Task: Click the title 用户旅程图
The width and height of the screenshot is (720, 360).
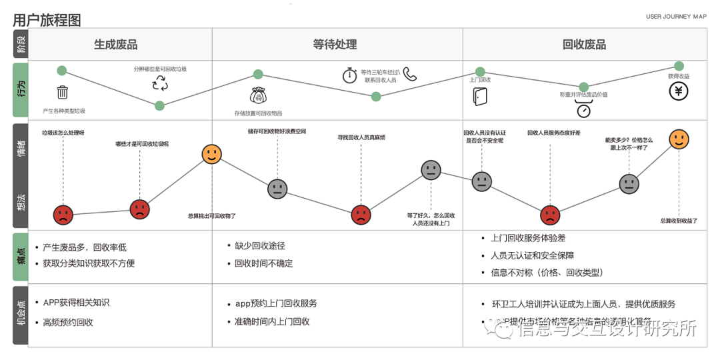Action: pyautogui.click(x=47, y=20)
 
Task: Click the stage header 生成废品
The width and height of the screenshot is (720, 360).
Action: pyautogui.click(x=115, y=45)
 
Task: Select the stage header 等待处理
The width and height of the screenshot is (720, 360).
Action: pyautogui.click(x=335, y=45)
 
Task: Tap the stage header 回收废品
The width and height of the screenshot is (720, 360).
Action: pyautogui.click(x=584, y=45)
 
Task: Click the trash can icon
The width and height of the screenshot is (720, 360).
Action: pyautogui.click(x=63, y=93)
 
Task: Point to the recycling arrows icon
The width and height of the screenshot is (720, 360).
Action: pyautogui.click(x=160, y=83)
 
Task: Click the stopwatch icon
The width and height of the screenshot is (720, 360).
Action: pyautogui.click(x=350, y=75)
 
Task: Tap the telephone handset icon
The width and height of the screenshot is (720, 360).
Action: pyautogui.click(x=409, y=74)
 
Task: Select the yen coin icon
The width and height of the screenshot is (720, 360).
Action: pyautogui.click(x=679, y=91)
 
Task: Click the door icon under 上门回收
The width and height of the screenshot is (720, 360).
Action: pyautogui.click(x=479, y=96)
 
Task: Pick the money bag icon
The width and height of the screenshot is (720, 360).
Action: pyautogui.click(x=258, y=95)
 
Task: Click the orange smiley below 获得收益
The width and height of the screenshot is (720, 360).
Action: pyautogui.click(x=679, y=139)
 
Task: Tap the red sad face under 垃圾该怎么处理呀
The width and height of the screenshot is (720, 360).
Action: pyautogui.click(x=63, y=214)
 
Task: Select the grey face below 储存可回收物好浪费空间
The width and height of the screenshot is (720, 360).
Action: pyautogui.click(x=277, y=189)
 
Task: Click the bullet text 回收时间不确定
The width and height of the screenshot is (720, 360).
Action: pyautogui.click(x=263, y=263)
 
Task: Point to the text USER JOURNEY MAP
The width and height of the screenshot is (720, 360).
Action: pyautogui.click(x=676, y=17)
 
